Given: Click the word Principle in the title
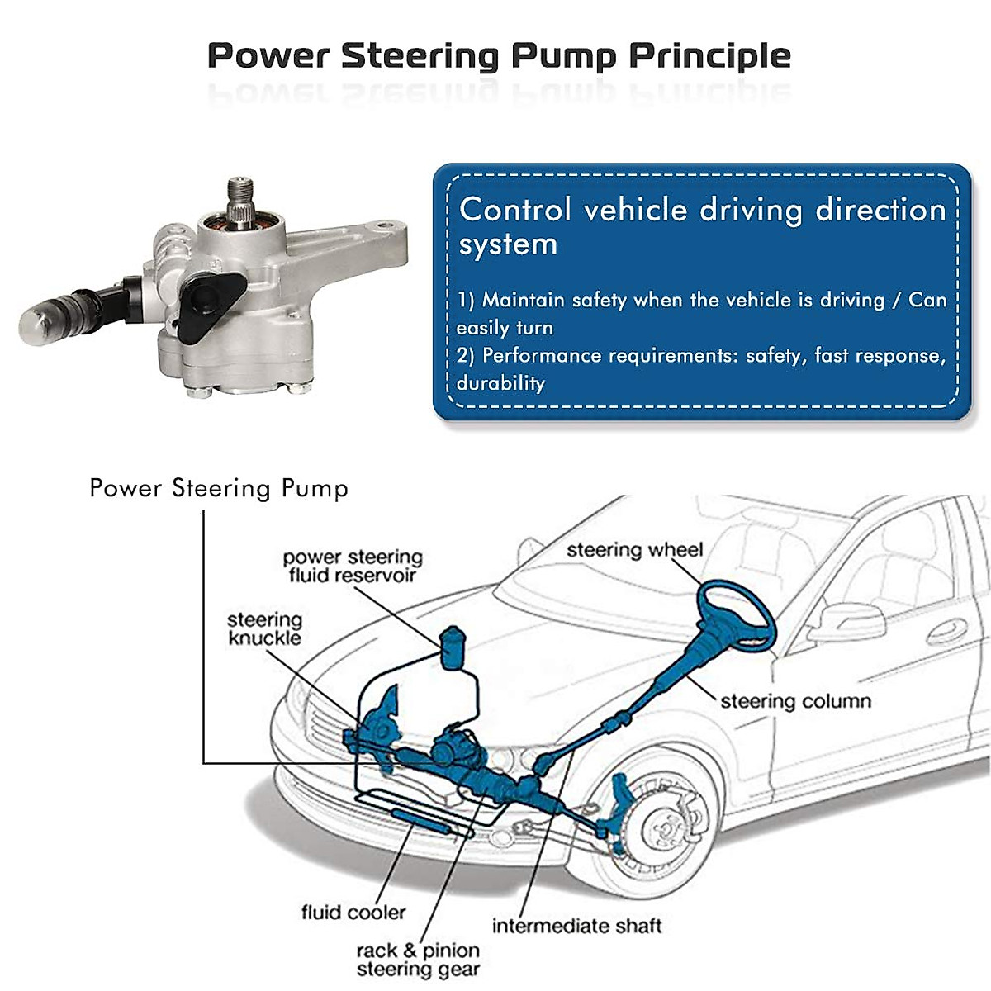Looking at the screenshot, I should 709,56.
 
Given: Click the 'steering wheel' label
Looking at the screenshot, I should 634,550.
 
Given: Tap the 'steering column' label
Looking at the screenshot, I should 795,701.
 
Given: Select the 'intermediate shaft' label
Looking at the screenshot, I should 576,926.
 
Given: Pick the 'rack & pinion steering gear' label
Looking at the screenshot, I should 418,960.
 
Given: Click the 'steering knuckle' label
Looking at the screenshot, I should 264,628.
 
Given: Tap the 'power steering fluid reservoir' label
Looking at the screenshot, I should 353,567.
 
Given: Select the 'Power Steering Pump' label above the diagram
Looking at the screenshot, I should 219,488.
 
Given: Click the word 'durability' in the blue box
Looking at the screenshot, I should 500,383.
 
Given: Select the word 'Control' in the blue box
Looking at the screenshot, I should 515,210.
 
